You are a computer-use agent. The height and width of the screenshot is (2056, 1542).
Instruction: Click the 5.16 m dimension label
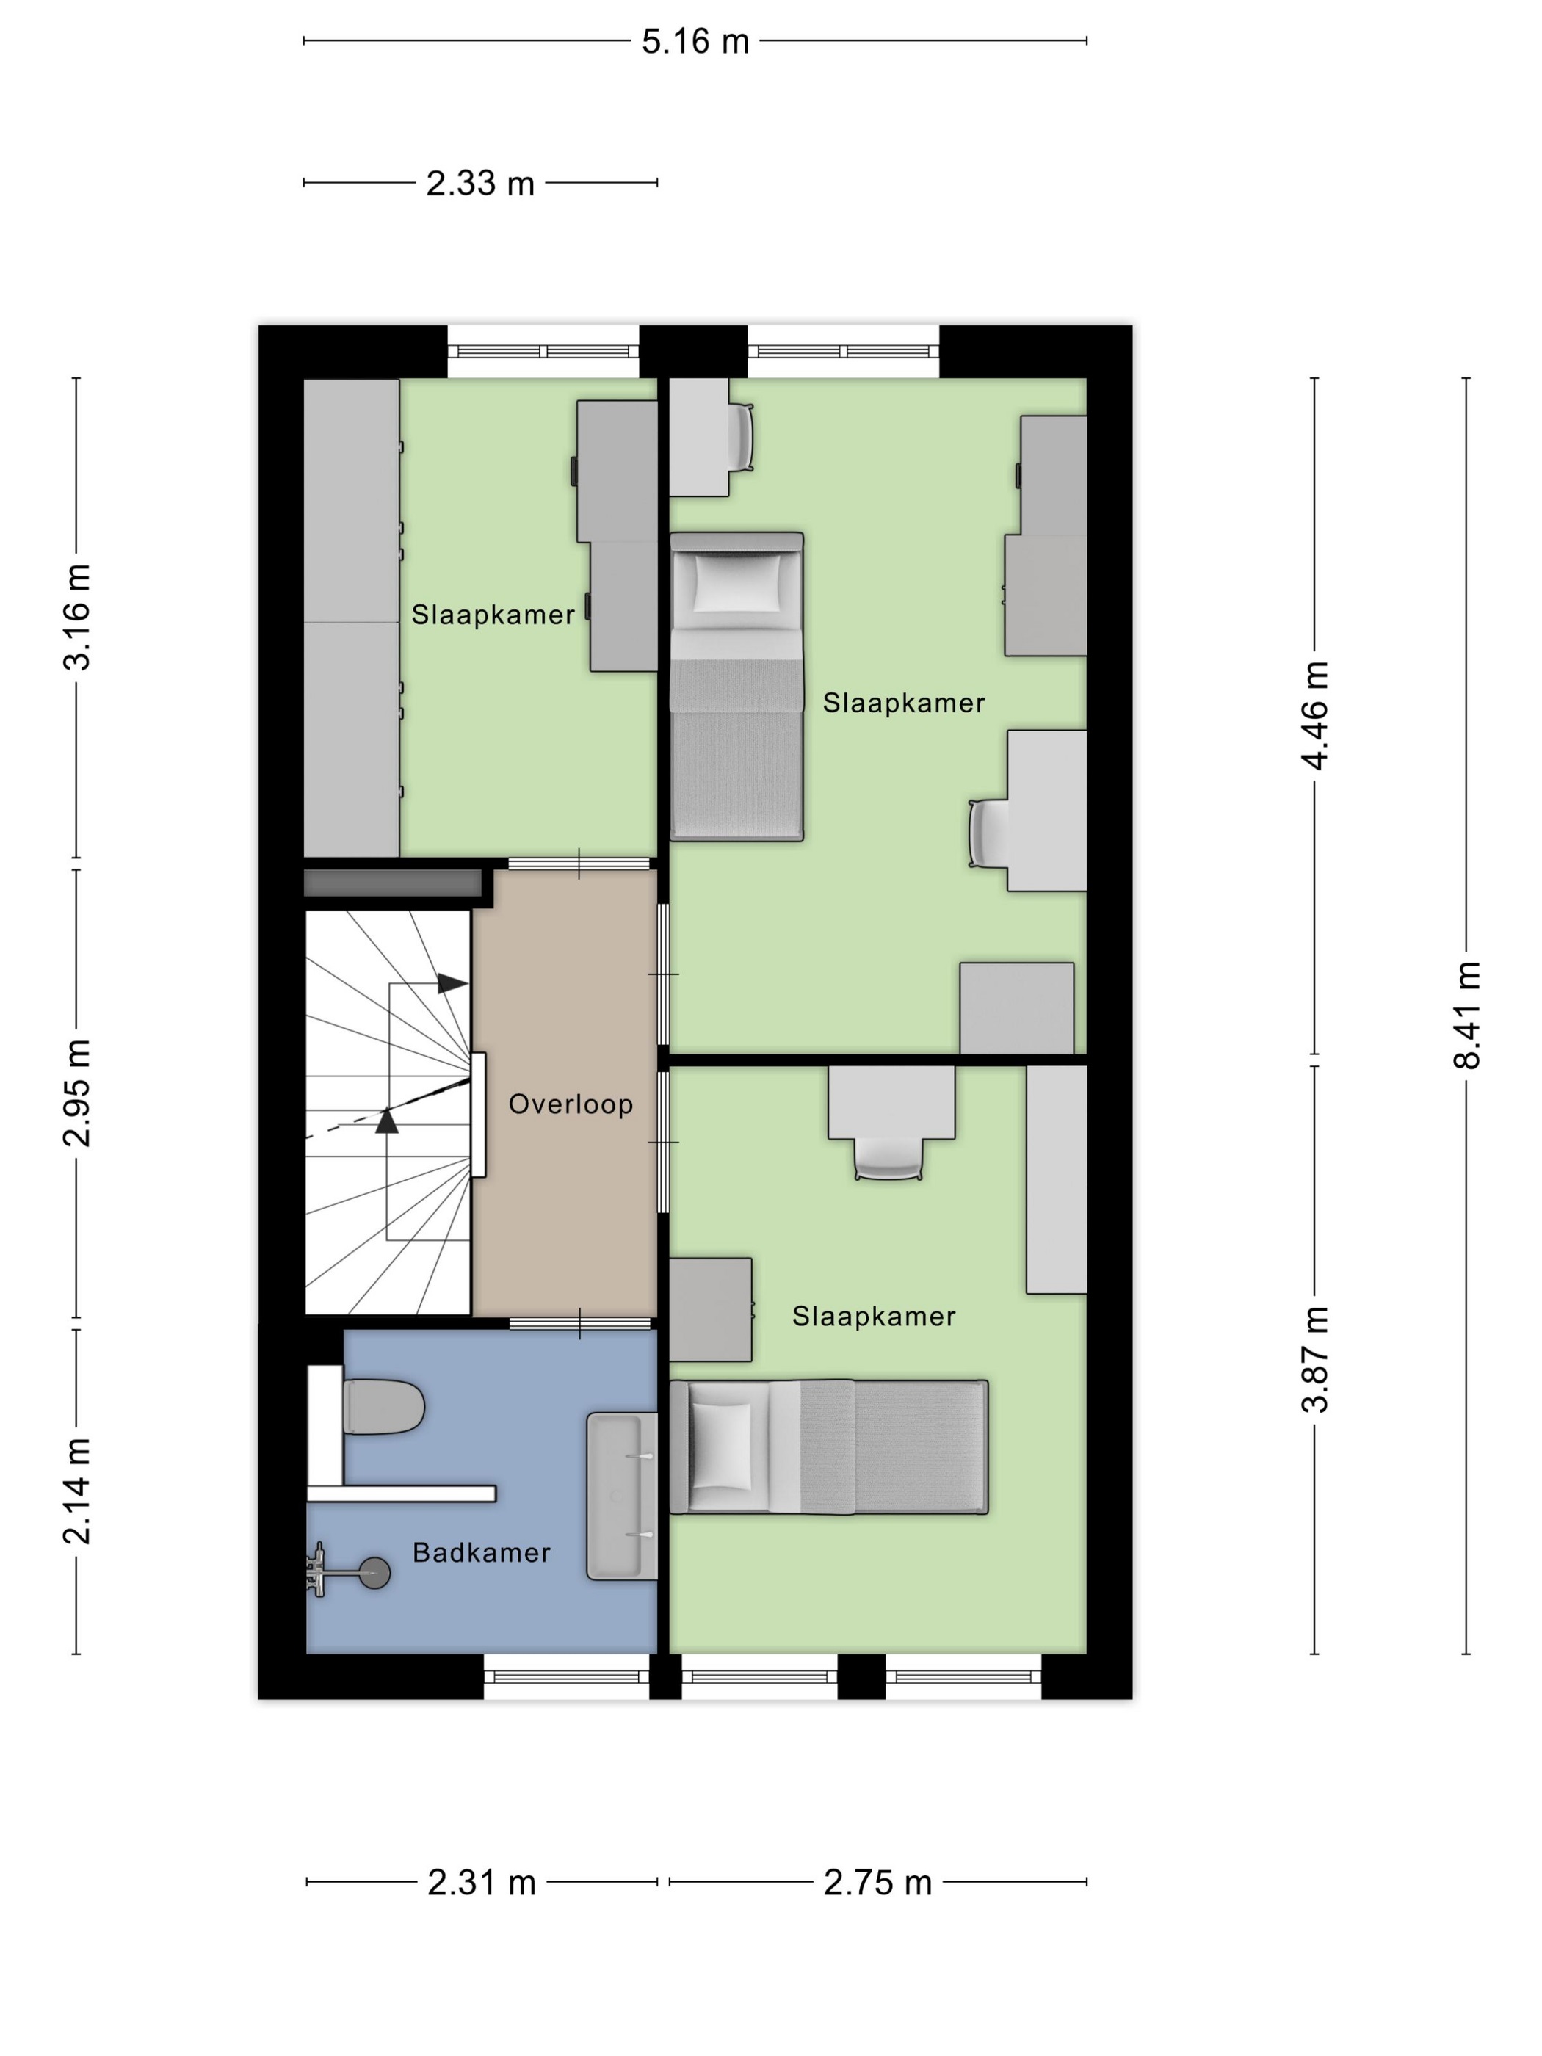click(x=695, y=42)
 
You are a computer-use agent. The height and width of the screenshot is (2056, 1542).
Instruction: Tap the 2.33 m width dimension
click(x=479, y=183)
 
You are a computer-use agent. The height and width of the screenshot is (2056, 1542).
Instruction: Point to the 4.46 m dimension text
click(x=1315, y=716)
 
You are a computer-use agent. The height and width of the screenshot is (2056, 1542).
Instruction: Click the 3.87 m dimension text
click(x=1315, y=1360)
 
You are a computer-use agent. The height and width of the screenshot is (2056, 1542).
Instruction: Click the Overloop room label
click(x=571, y=1104)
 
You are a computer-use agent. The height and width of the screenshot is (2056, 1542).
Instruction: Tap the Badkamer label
click(x=482, y=1553)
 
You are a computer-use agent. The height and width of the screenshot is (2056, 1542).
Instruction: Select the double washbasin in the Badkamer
click(x=622, y=1496)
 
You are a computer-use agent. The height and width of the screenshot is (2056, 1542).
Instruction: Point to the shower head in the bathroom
click(x=374, y=1574)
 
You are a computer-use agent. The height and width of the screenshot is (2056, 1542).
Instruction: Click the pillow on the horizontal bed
click(x=720, y=1447)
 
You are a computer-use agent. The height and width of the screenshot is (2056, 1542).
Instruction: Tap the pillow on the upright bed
click(x=737, y=581)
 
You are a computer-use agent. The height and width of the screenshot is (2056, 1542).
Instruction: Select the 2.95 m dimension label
click(x=76, y=1093)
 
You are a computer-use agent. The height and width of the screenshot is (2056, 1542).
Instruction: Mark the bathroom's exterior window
click(x=567, y=1677)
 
